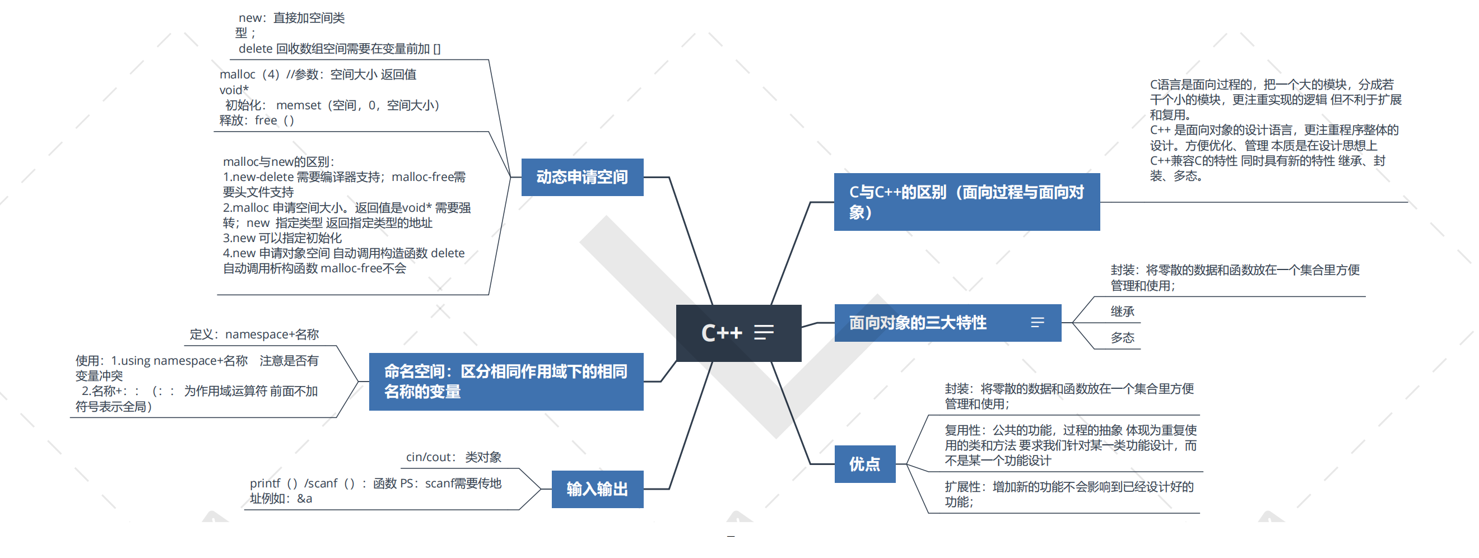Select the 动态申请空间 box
582,177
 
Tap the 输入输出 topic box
597,489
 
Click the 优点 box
864,464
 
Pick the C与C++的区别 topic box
966,202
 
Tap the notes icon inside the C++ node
764,332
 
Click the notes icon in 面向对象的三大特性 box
1037,323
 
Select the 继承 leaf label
1122,311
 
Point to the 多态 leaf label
1122,338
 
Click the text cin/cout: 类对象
454,457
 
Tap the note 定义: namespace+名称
254,334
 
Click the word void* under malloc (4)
234,90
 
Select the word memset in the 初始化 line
299,105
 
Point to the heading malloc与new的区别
278,162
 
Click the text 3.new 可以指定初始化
282,238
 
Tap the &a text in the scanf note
304,499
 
